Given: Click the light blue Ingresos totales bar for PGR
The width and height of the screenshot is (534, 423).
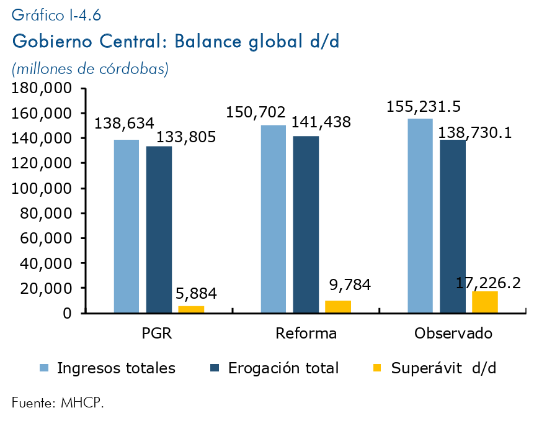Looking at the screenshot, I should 127,226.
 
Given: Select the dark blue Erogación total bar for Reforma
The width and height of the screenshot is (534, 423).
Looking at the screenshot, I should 306,224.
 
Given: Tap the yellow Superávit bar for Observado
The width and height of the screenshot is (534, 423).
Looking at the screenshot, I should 484,302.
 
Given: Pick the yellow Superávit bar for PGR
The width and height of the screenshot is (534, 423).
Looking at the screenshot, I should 191,309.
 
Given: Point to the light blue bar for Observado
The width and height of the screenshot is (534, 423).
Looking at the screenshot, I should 420,216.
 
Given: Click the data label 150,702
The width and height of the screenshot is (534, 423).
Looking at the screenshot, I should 256,113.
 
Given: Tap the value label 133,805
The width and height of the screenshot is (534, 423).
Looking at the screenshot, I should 186,137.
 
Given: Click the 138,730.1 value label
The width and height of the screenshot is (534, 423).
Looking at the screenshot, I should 476,132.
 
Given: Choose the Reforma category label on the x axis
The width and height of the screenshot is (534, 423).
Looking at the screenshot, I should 306,334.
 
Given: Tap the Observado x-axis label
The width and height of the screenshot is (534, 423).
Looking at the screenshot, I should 453,334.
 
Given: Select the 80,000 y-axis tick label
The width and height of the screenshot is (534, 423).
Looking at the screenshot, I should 46,214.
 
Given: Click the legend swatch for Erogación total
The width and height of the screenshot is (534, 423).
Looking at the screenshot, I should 215,368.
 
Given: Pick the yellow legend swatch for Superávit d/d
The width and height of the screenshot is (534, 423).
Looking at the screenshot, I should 378,368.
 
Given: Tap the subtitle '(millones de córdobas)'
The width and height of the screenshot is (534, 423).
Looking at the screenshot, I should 91,69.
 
